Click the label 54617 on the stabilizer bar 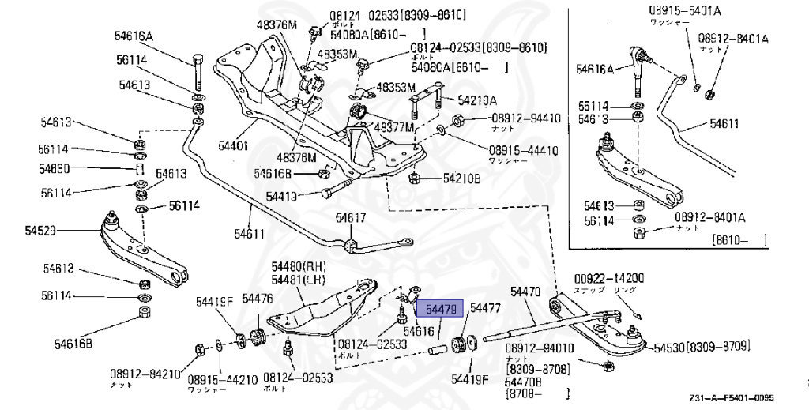(351, 218)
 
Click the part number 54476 (258, 298)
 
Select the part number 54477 (485, 309)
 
